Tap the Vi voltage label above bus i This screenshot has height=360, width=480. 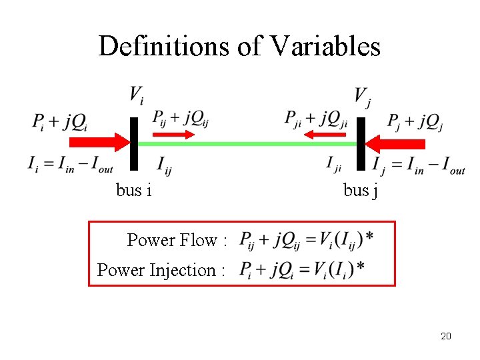(136, 95)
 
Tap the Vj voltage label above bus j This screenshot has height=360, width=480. (362, 97)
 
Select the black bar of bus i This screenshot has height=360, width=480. (133, 143)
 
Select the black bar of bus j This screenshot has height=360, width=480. (361, 143)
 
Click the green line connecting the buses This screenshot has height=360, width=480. (247, 143)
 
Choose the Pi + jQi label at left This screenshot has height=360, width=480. (59, 122)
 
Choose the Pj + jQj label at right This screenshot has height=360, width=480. (415, 121)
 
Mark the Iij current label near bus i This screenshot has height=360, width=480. (164, 165)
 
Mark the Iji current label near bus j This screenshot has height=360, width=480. (334, 164)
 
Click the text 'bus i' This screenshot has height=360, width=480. (133, 190)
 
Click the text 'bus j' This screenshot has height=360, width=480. (361, 191)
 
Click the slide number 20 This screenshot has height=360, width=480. (446, 336)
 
